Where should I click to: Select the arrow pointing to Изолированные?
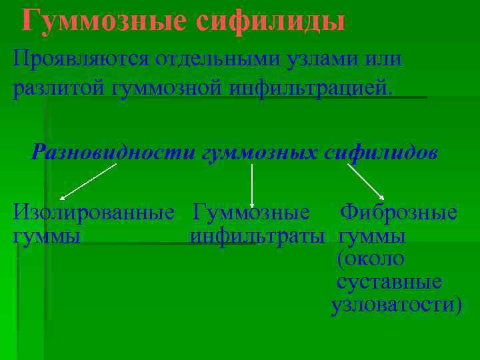pos(87,182)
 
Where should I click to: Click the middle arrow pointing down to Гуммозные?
pos(252,185)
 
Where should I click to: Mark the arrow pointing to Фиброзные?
pos(365,181)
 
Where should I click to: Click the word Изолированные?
pos(93,213)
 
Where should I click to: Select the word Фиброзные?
pos(399,213)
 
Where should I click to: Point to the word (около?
pos(371,259)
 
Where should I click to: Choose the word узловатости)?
pos(396,304)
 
